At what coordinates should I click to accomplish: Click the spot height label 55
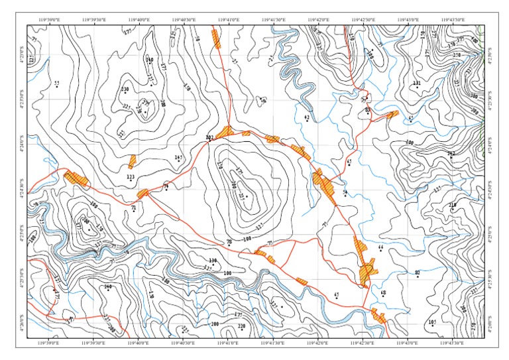tap(56, 83)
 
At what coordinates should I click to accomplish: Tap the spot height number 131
tap(417, 83)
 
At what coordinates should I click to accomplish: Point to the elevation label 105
tap(432, 322)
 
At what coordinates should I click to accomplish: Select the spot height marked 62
tap(306, 117)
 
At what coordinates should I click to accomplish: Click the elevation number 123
tap(131, 177)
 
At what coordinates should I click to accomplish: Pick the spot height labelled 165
tap(178, 157)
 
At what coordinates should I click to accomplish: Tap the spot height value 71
tap(134, 209)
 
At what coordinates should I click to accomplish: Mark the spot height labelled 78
tap(229, 243)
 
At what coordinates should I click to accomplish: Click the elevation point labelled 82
tap(418, 272)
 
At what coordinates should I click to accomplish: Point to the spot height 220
tap(241, 326)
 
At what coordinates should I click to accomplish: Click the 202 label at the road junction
tap(209, 137)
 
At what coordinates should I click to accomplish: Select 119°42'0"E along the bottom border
tap(319, 343)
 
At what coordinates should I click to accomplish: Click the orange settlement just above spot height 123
tap(133, 160)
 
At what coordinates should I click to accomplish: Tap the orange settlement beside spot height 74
tap(143, 194)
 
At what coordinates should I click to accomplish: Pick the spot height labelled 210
tap(453, 205)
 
